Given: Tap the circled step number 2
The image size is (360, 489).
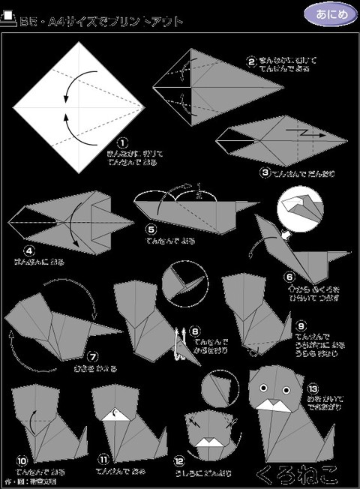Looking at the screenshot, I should coord(252,61).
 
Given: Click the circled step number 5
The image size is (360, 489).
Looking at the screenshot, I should coord(150,230).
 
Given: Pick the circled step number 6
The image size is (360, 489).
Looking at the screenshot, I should coord(289,277).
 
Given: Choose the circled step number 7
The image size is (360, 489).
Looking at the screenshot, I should coord(94,358).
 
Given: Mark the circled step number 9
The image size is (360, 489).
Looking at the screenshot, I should coord(301,326).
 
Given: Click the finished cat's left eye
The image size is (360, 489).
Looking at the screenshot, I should coord(263,388).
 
